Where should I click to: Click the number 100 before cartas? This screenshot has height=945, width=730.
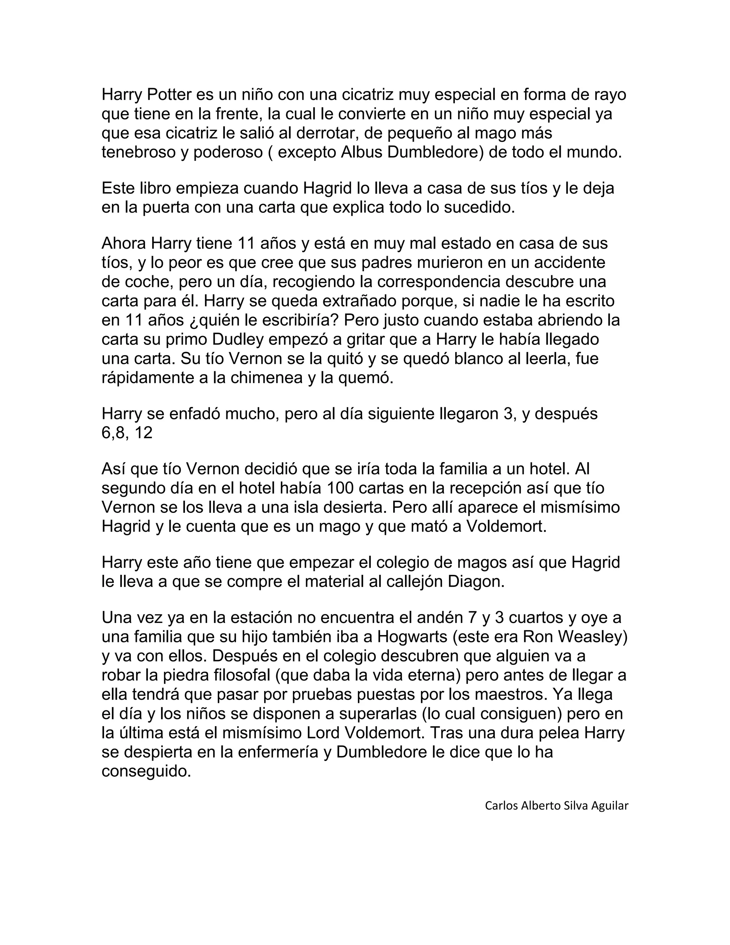coord(343,488)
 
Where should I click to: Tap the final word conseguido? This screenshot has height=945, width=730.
coord(146,771)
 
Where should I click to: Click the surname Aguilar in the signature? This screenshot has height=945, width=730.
coord(610,806)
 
